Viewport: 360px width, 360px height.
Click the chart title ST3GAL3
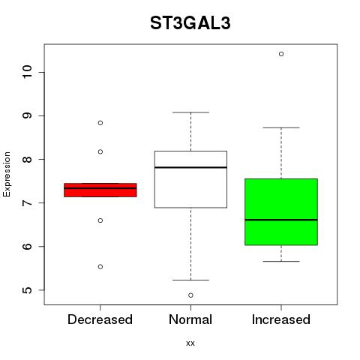click(x=190, y=23)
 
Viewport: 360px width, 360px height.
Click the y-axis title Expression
click(x=7, y=175)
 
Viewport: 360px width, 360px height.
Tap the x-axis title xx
click(x=190, y=343)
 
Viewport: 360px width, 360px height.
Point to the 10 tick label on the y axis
click(x=27, y=72)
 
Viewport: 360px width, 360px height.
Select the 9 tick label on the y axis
click(x=27, y=115)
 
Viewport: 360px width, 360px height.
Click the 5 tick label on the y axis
click(x=27, y=289)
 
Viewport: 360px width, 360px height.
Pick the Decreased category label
click(x=100, y=319)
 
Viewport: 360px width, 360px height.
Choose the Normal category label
click(x=190, y=319)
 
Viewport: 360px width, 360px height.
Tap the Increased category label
click(x=281, y=319)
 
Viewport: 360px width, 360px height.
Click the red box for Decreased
click(x=100, y=190)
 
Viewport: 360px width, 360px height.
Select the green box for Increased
click(x=281, y=211)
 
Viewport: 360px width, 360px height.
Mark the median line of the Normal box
click(x=190, y=167)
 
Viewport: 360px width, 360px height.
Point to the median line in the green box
click(x=281, y=220)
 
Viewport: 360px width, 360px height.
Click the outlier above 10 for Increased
click(x=281, y=54)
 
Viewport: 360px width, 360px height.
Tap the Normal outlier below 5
click(x=190, y=295)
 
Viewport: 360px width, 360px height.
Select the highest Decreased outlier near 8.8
click(x=100, y=123)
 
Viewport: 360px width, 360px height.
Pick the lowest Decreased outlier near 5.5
click(x=100, y=267)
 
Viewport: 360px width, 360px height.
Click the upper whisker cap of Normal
click(x=190, y=112)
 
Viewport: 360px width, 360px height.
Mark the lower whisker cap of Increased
click(x=281, y=261)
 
